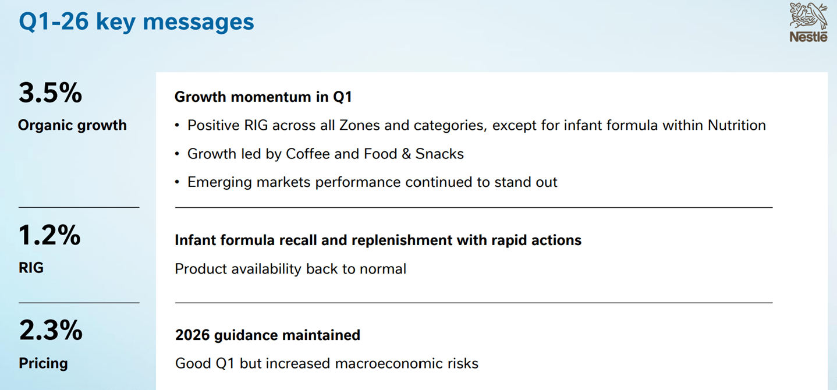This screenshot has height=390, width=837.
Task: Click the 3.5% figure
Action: coord(50,93)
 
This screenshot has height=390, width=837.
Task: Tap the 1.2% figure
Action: coord(49,235)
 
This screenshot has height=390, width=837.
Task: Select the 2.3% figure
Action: coord(51,330)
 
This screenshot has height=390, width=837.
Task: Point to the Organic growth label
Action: coord(73,125)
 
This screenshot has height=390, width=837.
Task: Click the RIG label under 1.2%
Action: coord(31,268)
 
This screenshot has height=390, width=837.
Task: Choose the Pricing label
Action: coord(43,363)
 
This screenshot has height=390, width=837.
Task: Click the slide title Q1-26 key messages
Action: coord(136,22)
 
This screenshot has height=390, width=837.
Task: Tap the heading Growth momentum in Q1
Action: coord(263,97)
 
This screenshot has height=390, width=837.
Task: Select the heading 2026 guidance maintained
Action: coord(268,335)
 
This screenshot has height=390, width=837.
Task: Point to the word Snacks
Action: coord(439,154)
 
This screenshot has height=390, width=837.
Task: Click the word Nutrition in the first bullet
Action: coord(737,125)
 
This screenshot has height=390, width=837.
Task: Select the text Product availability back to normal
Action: coord(290,269)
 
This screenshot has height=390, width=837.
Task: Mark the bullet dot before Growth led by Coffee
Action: coord(177,154)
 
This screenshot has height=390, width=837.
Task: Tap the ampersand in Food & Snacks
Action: coord(406,154)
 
